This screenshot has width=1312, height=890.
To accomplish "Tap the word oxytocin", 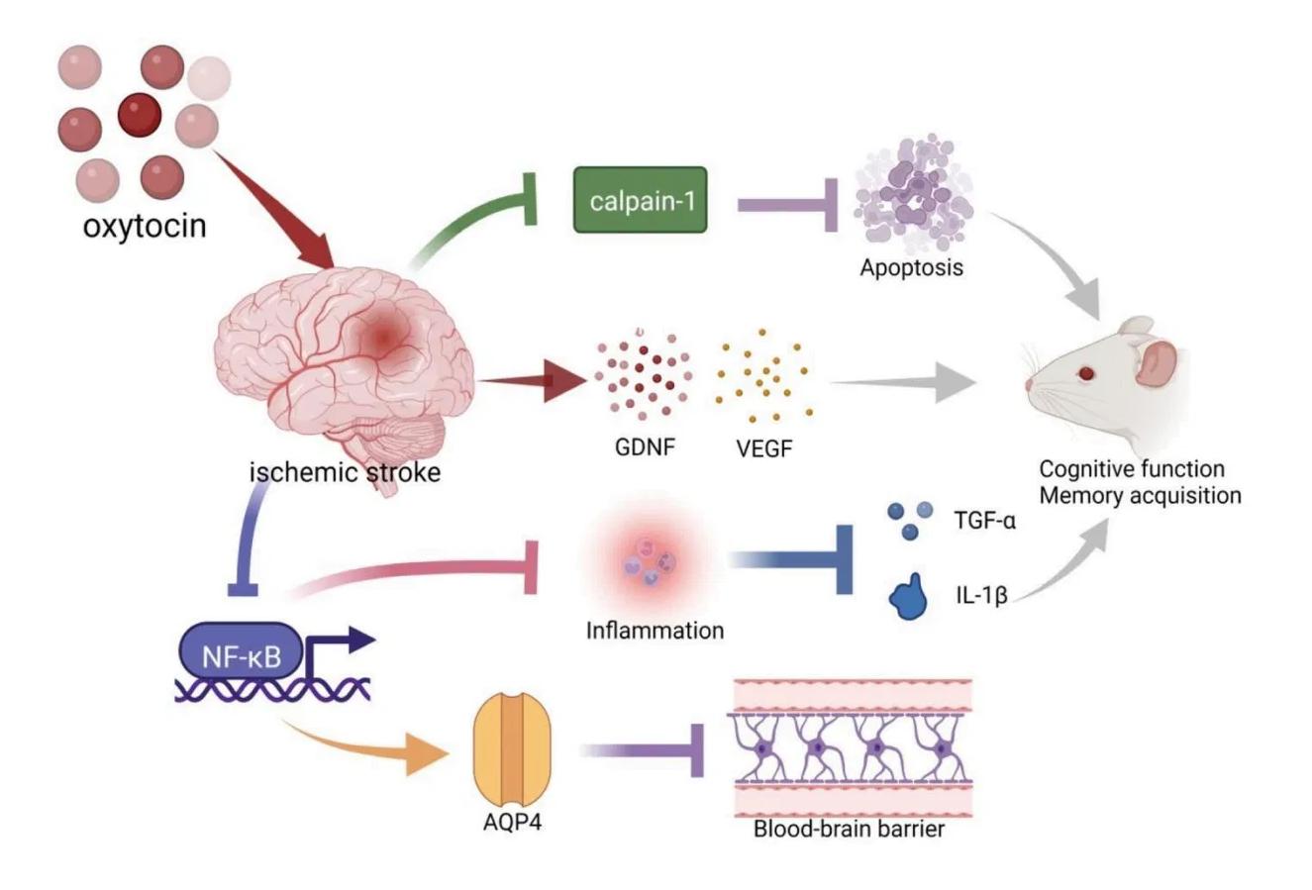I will [x=145, y=226].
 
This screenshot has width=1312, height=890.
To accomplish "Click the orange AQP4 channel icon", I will [x=512, y=748].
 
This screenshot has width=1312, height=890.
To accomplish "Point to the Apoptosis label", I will [x=911, y=267].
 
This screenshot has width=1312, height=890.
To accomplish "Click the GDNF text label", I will [x=645, y=446].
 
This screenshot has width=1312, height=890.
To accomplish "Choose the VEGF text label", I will [x=764, y=447].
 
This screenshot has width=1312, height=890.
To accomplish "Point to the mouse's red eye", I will [x=1086, y=373].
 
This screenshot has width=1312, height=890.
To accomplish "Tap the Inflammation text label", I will [x=655, y=630].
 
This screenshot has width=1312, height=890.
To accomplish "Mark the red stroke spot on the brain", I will [x=382, y=339].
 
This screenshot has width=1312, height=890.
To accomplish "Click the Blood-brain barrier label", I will [x=850, y=828].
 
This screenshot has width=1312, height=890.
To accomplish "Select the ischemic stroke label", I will [x=345, y=472].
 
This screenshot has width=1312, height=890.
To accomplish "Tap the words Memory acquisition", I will [x=1140, y=495].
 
